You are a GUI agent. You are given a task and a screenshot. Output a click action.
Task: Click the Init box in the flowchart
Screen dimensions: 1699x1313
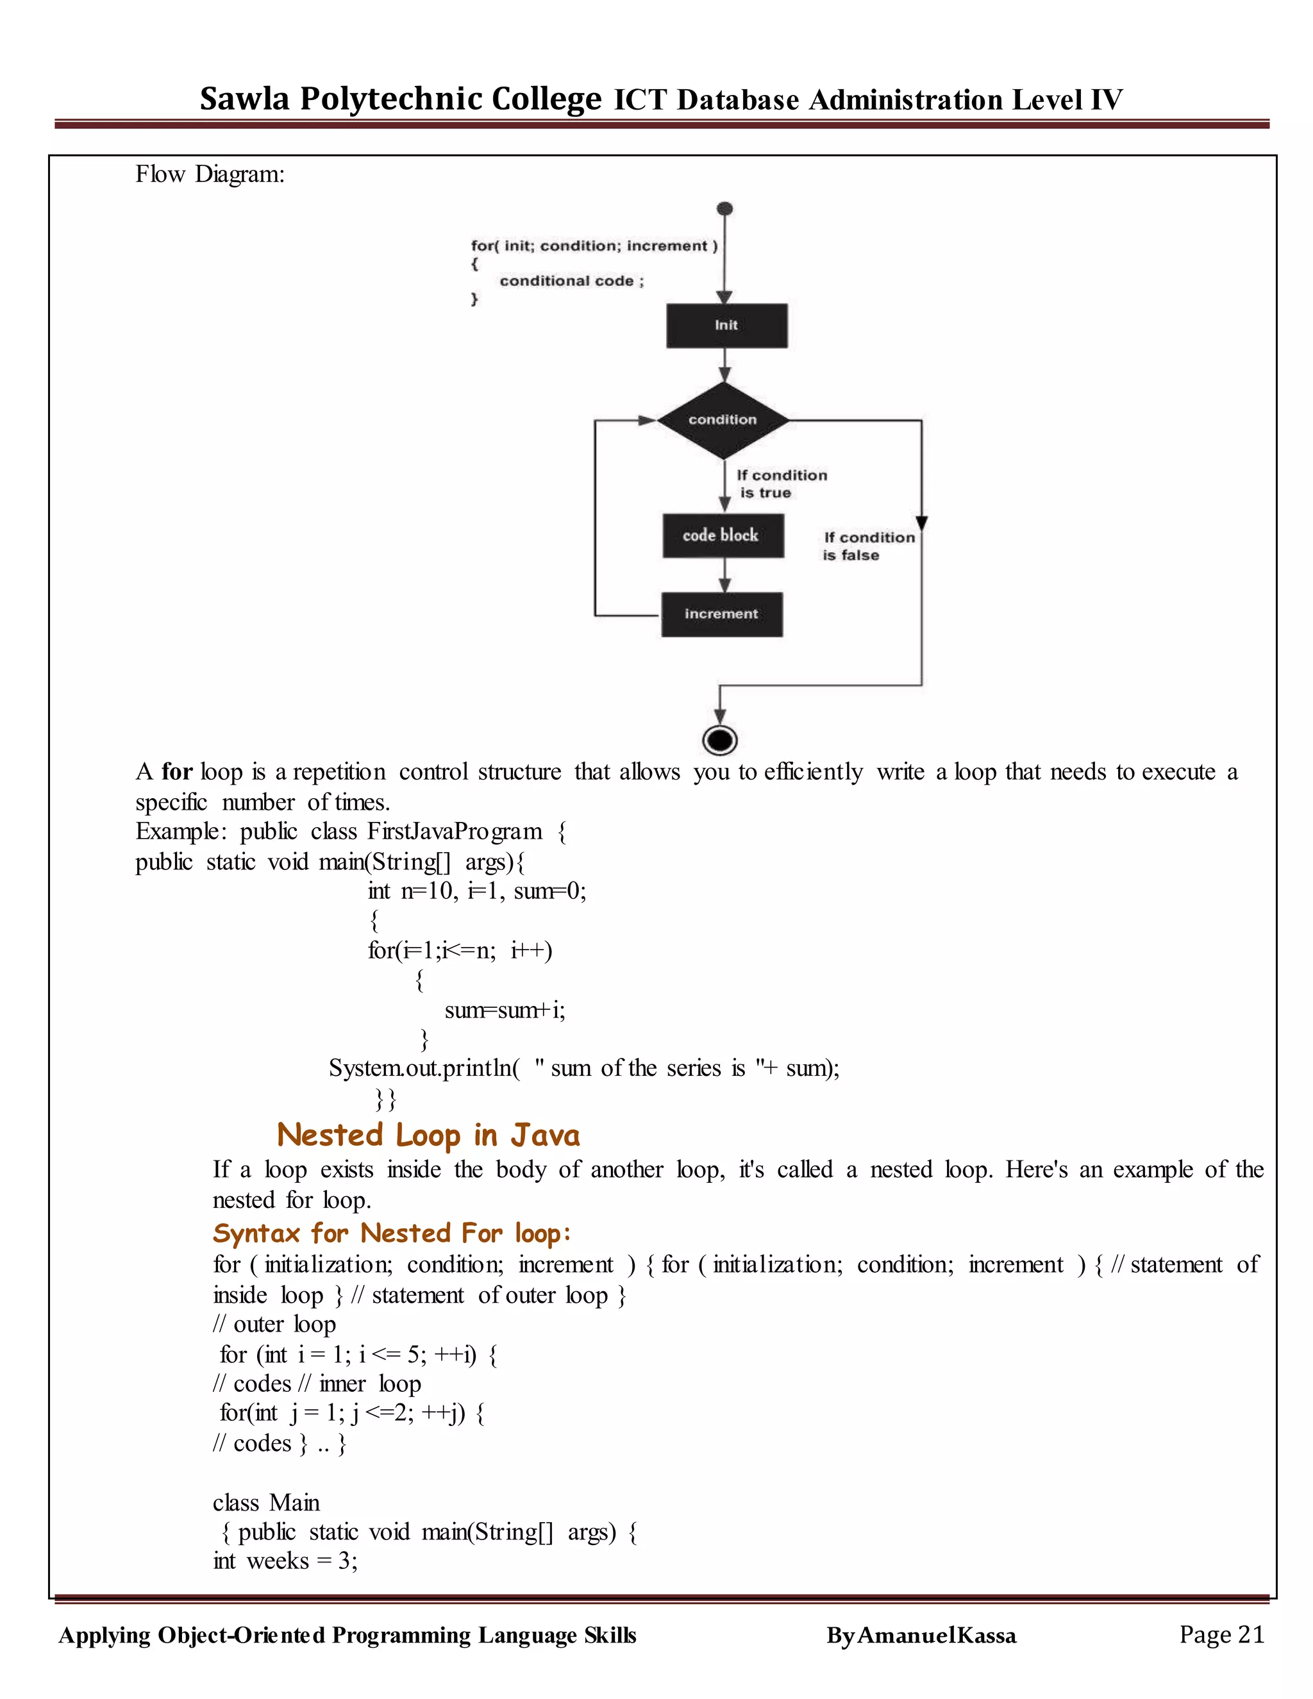point(726,325)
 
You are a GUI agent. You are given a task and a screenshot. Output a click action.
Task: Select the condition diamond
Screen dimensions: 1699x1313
point(723,420)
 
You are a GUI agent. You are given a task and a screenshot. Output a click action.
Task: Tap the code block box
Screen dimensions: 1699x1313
point(723,535)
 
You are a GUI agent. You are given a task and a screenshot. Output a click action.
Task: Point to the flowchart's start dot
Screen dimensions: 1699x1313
point(725,208)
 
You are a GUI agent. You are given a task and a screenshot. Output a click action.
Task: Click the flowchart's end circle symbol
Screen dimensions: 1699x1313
point(719,740)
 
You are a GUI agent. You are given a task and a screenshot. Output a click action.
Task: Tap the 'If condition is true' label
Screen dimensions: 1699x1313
point(781,484)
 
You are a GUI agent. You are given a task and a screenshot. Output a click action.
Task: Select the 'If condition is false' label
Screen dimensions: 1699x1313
point(868,546)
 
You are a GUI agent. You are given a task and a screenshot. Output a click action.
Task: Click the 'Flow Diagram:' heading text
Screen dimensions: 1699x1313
point(210,174)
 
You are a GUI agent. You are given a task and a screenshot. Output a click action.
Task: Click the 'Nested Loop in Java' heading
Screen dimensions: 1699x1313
point(429,1135)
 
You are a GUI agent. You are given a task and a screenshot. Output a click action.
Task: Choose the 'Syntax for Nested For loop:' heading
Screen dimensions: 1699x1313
point(392,1233)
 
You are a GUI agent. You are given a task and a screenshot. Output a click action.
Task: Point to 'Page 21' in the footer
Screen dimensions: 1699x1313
point(1221,1634)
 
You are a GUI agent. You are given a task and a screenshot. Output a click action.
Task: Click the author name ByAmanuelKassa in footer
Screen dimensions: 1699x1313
point(921,1636)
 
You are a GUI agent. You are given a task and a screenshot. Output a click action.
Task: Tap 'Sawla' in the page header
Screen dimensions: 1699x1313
point(244,99)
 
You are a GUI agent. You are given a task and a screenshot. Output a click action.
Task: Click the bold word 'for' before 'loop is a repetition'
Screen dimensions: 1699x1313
point(176,772)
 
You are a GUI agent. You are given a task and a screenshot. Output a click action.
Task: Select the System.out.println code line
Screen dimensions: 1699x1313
point(583,1068)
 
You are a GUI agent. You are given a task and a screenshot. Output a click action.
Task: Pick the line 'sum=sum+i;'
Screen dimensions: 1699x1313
point(505,1010)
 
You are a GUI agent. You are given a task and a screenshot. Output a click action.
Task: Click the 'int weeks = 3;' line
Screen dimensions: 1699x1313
point(285,1561)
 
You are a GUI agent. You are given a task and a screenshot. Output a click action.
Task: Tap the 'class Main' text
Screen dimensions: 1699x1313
point(266,1502)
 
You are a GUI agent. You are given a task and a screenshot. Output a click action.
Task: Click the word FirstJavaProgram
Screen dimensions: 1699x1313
point(455,832)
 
